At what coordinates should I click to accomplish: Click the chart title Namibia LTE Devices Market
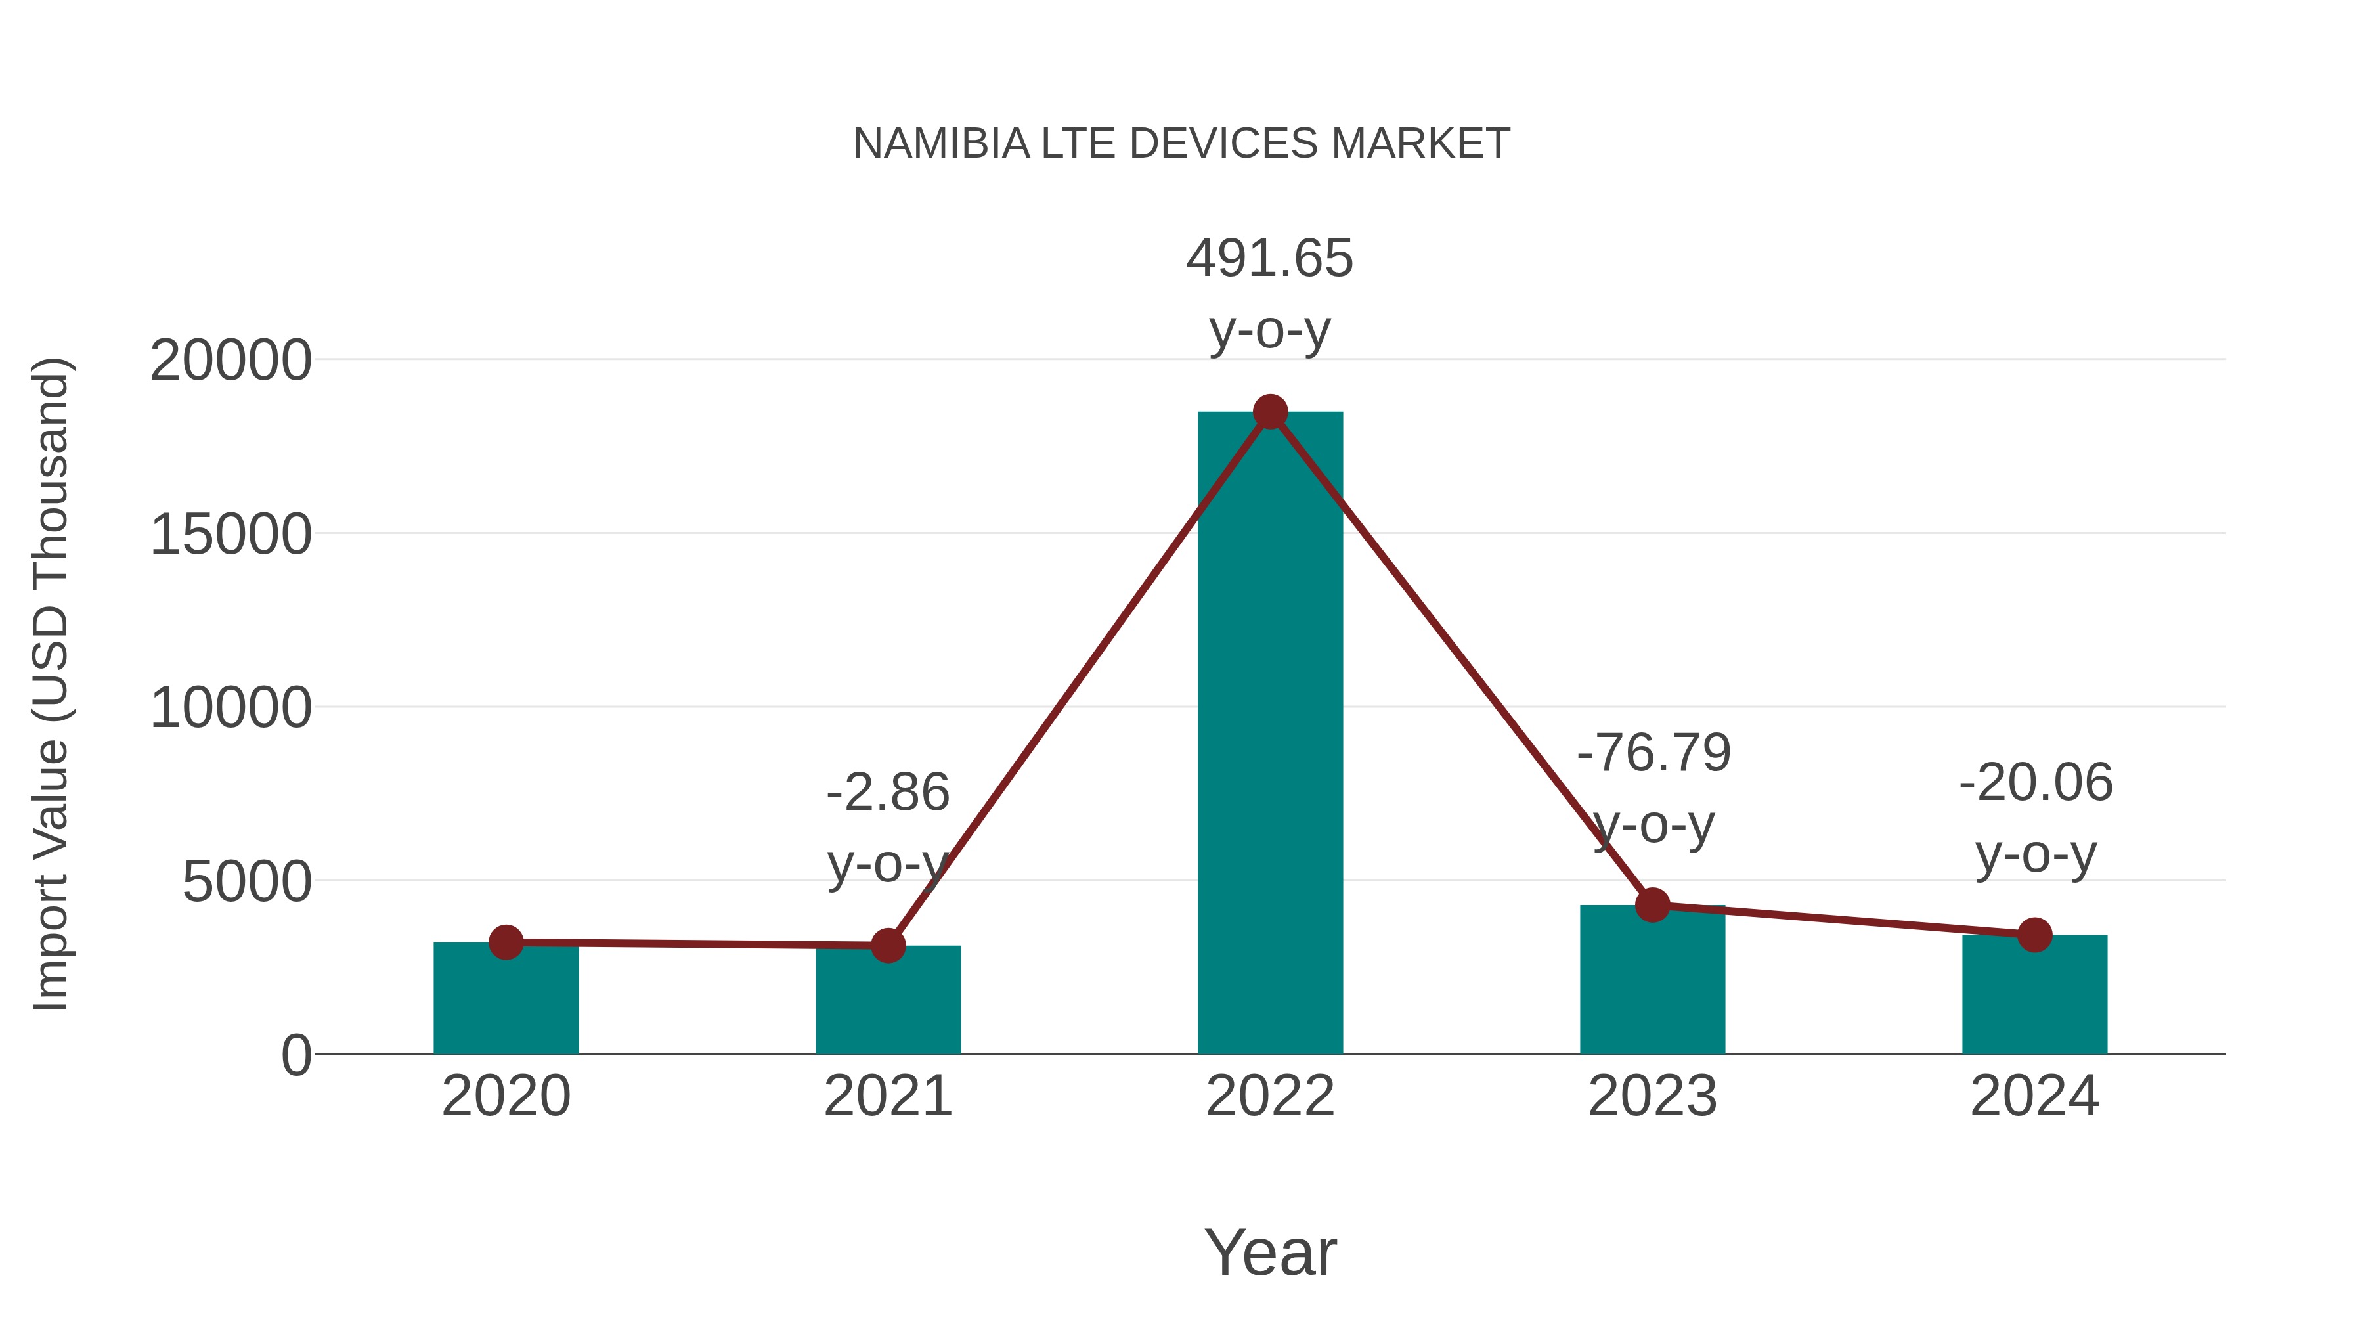pos(1181,144)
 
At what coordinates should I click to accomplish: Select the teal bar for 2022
pos(1270,734)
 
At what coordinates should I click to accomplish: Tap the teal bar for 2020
pos(506,1000)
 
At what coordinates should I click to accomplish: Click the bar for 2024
pos(2034,996)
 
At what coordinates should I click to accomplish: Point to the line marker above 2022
pos(1270,412)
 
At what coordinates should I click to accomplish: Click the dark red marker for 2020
pos(506,942)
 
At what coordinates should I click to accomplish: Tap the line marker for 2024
pos(2034,935)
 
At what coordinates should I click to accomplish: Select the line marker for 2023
pos(1652,905)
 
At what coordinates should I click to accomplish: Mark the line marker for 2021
pos(887,945)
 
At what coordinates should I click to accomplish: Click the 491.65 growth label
pos(1269,259)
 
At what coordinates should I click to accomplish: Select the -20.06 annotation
pos(2036,783)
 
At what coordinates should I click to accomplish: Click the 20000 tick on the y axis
pos(230,360)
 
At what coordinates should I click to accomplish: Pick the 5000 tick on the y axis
pos(247,882)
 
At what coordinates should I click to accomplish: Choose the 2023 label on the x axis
pos(1652,1096)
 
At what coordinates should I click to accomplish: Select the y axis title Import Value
pos(51,684)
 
